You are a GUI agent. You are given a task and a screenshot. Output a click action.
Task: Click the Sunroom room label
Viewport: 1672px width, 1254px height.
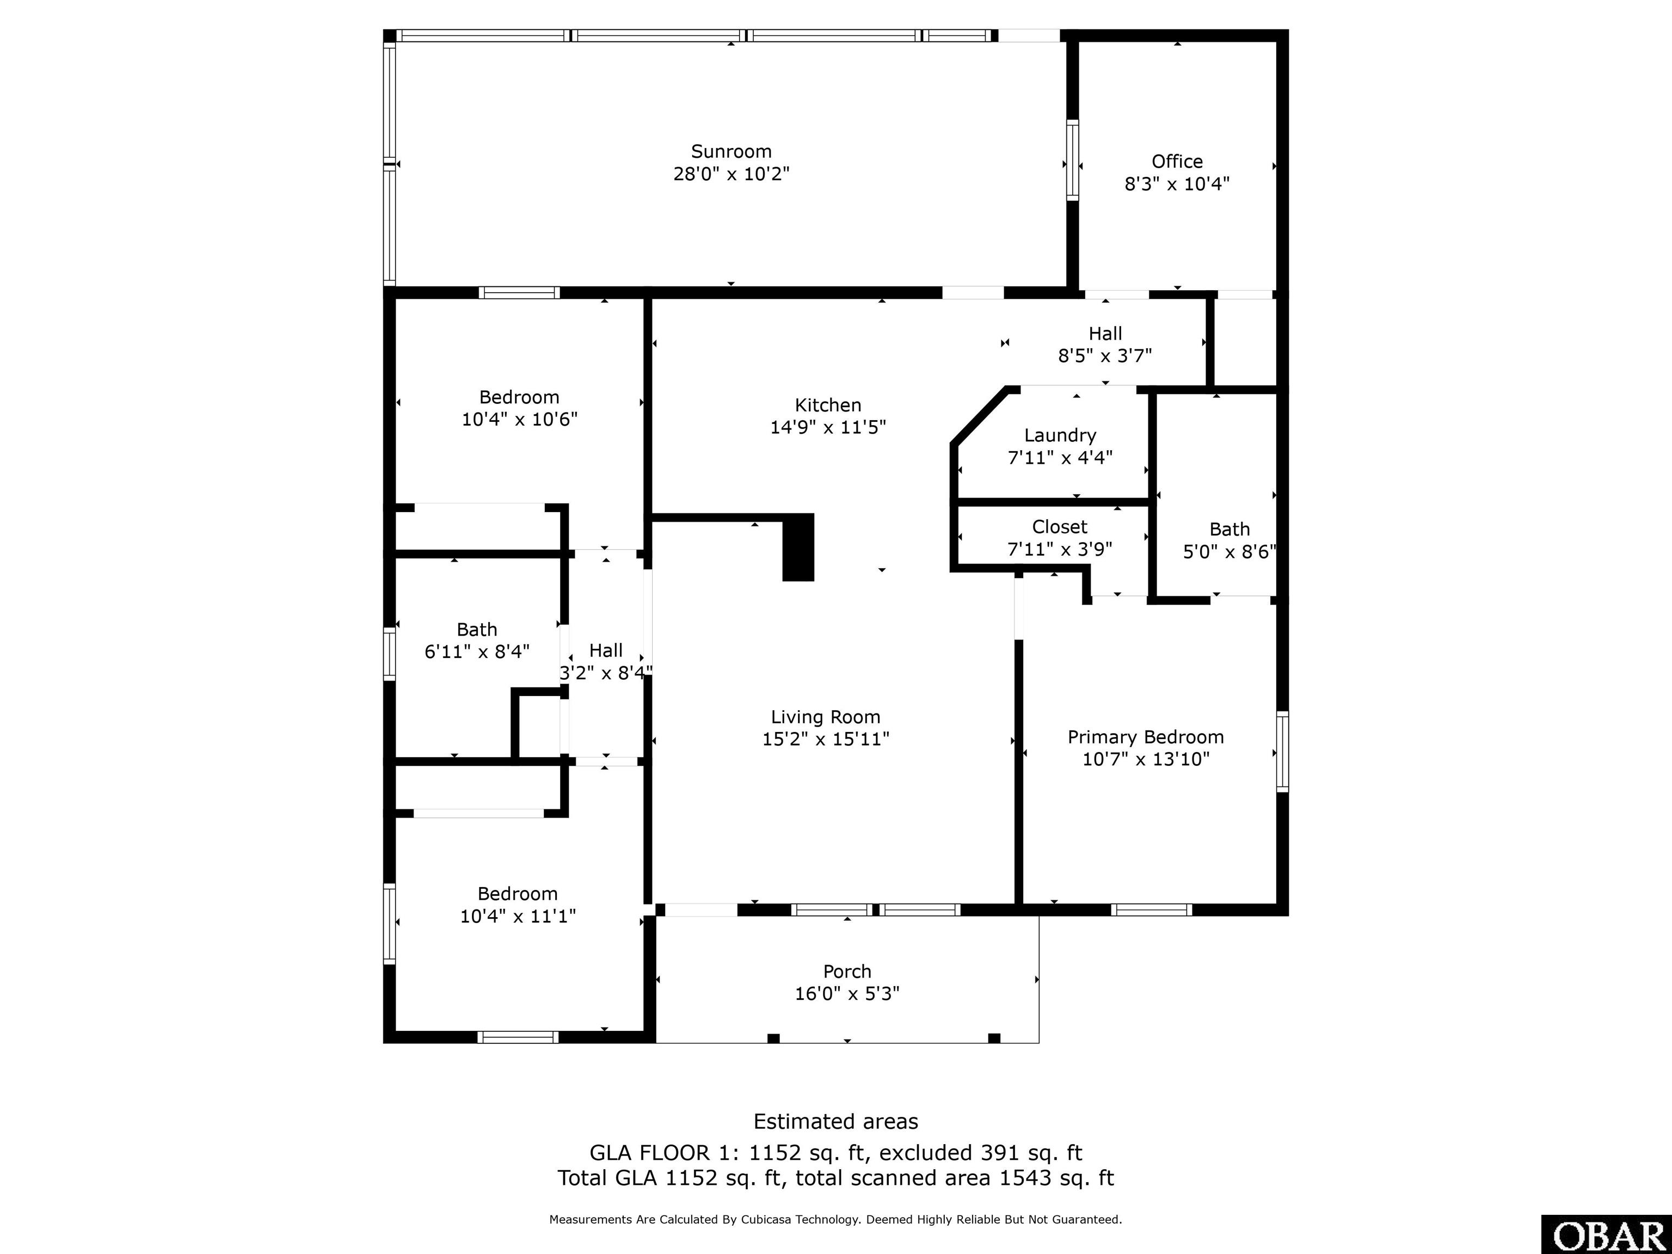point(731,151)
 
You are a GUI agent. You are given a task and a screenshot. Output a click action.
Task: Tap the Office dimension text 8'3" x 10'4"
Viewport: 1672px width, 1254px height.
point(1177,183)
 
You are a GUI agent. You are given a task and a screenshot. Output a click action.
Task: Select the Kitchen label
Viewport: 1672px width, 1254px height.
point(828,405)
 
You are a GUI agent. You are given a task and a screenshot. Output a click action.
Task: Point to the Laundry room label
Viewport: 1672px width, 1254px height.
point(1060,435)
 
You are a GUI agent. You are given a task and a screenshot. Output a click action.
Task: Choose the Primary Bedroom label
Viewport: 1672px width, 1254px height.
point(1145,737)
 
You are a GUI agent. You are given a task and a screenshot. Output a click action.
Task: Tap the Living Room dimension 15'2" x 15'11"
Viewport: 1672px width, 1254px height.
point(826,739)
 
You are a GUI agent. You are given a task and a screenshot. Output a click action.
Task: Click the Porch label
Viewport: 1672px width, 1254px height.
point(847,972)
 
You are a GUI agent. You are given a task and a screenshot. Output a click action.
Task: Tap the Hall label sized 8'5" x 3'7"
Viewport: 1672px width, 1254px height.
point(1105,345)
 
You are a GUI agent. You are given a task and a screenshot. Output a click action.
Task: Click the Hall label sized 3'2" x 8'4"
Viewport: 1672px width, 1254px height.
point(605,661)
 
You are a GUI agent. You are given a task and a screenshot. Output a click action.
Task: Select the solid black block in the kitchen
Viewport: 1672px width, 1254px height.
point(798,547)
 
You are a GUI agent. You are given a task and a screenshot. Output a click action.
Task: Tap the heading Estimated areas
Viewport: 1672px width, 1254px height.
point(836,1122)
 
